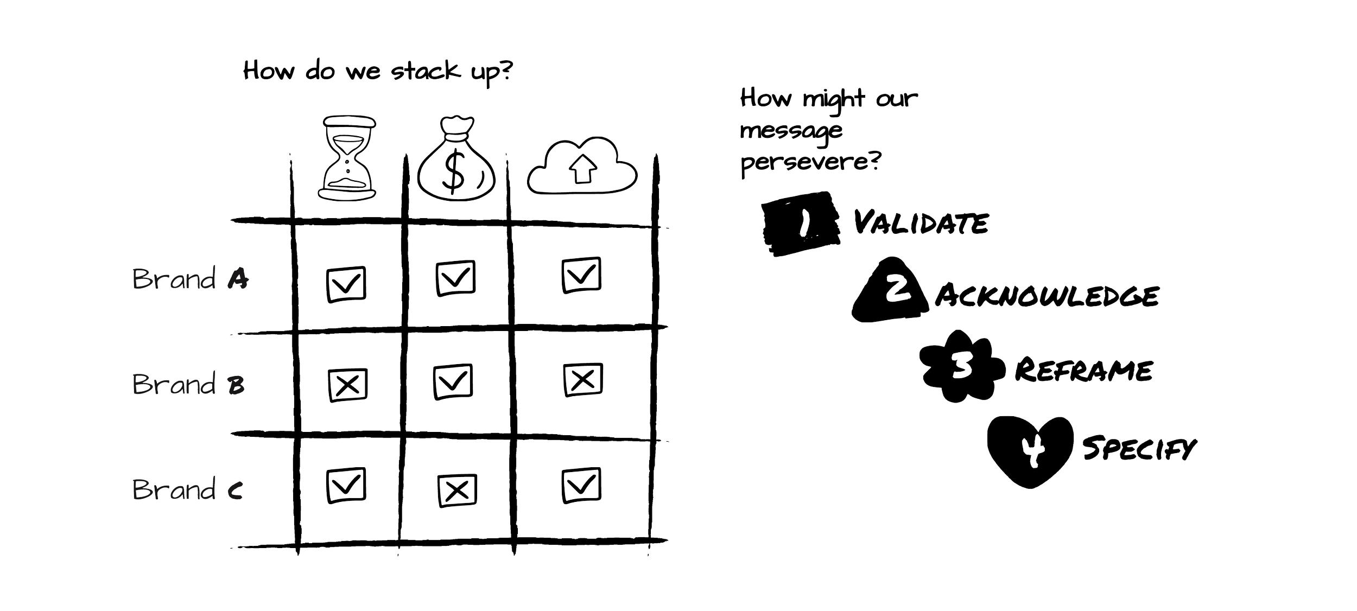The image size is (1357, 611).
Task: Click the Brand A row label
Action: coord(191,279)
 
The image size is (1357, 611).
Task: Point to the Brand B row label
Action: coord(188,384)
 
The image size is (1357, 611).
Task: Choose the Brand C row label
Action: coord(187,489)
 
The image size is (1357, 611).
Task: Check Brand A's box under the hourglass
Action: coord(346,283)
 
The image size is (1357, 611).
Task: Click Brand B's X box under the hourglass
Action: coord(347,385)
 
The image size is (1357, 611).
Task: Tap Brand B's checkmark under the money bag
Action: coord(453,381)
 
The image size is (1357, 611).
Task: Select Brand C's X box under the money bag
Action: coord(458,490)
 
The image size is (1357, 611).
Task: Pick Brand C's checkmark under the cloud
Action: coord(581,485)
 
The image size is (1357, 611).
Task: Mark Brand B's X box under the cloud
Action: coord(582,378)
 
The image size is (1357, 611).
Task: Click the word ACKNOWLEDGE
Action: coord(1047,296)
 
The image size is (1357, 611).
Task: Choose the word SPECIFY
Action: coord(1139,449)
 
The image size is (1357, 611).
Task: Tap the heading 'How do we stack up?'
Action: coord(377,72)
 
